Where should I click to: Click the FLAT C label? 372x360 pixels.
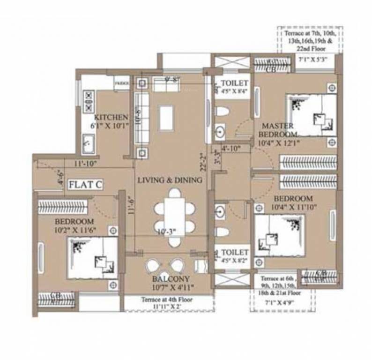coord(85,185)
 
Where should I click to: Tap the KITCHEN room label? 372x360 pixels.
coord(111,117)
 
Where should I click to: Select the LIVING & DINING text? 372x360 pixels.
coord(170,180)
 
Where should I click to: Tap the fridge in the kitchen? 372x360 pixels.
coord(121,83)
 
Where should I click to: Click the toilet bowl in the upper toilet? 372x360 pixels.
coord(222,112)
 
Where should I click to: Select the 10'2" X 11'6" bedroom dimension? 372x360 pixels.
coord(74,230)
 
